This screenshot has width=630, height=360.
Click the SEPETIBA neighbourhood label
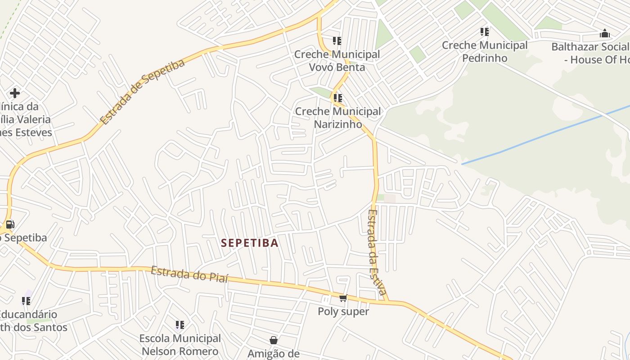coord(250,243)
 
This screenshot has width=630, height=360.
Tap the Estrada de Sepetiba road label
coord(142,92)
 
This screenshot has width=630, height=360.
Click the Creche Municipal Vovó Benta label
coord(337,61)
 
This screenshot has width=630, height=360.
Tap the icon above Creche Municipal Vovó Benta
coord(337,41)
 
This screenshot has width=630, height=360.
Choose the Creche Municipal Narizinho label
coord(338,117)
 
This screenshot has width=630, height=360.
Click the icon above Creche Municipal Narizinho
coord(338,98)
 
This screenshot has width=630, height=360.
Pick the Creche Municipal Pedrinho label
coord(485,51)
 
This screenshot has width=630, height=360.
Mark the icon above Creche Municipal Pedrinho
coord(485,31)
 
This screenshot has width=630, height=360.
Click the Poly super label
coord(343,311)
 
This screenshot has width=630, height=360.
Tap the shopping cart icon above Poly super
coord(343,298)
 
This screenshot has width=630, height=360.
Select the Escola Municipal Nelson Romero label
coord(180,345)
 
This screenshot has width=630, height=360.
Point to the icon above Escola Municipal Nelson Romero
coord(180,324)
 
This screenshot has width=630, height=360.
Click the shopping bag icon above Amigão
coord(273,340)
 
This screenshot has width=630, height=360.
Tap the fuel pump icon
coord(10,224)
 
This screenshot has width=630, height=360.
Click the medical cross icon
coord(15,93)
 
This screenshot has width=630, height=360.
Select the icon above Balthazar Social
coord(605,33)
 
